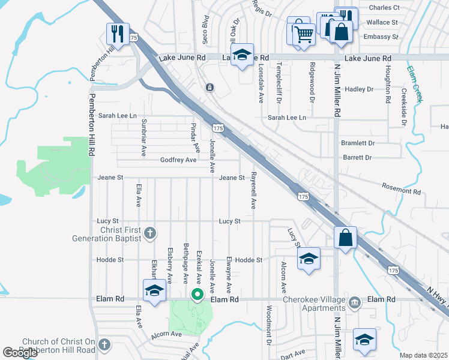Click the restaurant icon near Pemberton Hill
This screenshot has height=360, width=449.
pos(117,33)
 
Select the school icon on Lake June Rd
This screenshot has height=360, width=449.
pos(242,55)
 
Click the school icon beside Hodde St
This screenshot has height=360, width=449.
pos(309,259)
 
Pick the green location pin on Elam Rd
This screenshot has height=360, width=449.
pos(196,295)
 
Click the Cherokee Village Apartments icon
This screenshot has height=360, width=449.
pos(354,301)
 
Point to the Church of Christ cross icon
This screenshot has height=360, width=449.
pos(104,344)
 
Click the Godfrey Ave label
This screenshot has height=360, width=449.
pos(178,160)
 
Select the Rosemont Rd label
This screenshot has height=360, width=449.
pos(401,191)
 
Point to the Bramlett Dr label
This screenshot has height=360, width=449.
pos(358,143)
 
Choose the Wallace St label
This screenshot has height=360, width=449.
pos(382,22)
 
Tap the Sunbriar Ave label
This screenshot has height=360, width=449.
pos(143,137)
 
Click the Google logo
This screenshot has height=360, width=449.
pos(20,353)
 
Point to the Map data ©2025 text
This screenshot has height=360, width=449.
pos(423,355)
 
